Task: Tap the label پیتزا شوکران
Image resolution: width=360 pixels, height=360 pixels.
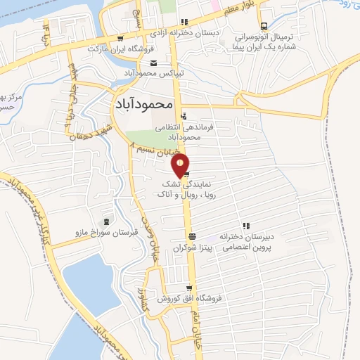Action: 192,248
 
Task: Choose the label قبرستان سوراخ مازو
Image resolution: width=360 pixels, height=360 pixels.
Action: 106,231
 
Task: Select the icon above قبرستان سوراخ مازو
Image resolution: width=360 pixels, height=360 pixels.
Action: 106,221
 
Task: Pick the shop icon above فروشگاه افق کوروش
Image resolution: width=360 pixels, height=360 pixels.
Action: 188,288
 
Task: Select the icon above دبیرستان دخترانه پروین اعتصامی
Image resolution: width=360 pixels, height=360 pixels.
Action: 245,226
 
